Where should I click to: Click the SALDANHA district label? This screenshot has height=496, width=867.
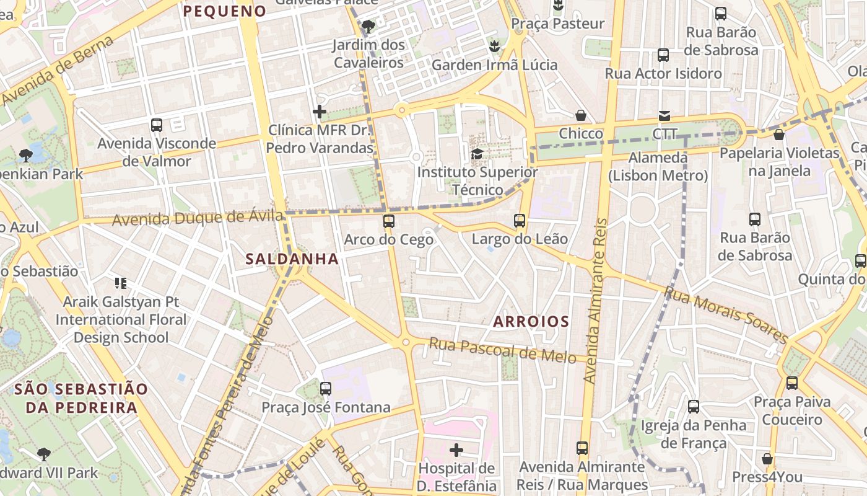tap(292, 259)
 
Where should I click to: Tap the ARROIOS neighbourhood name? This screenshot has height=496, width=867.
tap(531, 321)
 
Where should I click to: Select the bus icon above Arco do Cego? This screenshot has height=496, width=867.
tap(389, 221)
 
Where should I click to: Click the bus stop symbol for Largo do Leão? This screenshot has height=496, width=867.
tap(520, 221)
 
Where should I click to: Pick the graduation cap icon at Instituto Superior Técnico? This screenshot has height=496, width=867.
tap(477, 154)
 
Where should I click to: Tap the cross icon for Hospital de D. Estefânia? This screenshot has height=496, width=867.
tap(456, 450)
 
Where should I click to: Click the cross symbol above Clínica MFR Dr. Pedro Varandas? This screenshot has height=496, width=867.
tap(320, 112)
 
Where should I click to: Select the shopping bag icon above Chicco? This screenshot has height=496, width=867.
tap(581, 115)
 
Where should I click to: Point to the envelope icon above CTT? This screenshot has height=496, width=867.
tap(664, 115)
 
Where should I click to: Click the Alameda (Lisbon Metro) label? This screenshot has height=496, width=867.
tap(658, 167)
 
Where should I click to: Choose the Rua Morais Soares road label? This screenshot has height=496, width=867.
tap(726, 314)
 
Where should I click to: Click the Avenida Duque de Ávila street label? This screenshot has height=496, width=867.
tap(198, 218)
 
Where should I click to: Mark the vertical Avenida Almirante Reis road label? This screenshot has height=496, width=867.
tap(595, 301)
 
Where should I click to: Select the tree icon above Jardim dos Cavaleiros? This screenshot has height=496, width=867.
tap(368, 27)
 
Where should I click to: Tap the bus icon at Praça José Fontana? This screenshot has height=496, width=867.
tap(326, 389)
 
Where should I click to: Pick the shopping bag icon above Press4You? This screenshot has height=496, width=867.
tap(767, 459)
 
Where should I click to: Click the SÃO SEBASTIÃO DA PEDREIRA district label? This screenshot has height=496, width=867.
tap(81, 398)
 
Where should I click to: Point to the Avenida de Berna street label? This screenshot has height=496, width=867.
tap(59, 70)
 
